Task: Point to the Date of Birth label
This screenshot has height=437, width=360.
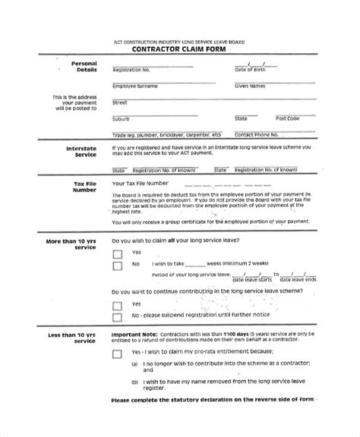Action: (x=251, y=69)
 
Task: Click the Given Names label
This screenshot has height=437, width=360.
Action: (x=252, y=86)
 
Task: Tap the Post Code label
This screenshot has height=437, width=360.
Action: (x=288, y=118)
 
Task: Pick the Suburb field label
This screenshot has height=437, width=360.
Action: (x=121, y=118)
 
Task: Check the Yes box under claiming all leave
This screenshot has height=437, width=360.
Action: (x=117, y=253)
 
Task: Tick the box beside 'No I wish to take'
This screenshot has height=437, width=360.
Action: (x=117, y=266)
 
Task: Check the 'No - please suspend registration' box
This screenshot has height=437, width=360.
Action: (x=117, y=317)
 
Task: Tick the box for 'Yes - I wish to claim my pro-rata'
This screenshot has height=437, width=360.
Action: (x=117, y=354)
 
